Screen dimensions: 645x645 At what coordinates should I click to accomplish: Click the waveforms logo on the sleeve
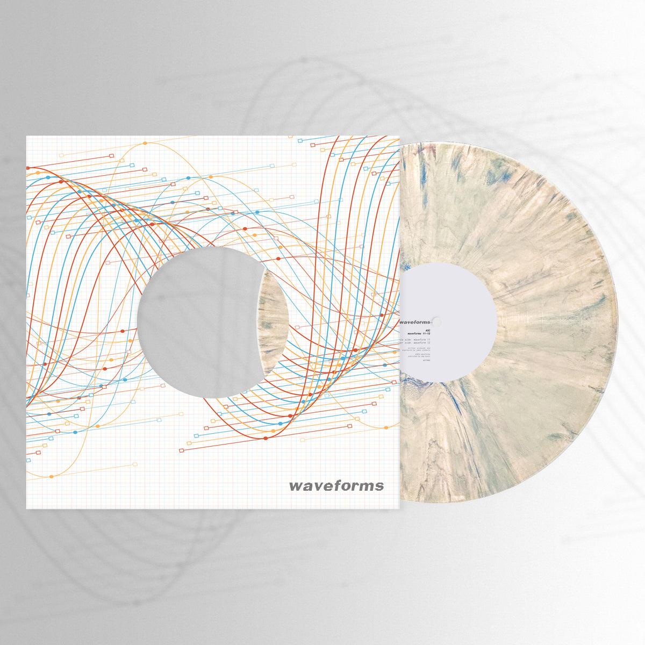(x=336, y=486)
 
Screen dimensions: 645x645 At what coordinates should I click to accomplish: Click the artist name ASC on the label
(x=428, y=328)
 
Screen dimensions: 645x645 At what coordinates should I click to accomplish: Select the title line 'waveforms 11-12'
(x=421, y=334)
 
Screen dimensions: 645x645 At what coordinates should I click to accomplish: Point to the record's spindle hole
(x=436, y=322)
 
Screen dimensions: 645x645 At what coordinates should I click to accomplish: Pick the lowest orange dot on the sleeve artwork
(x=52, y=476)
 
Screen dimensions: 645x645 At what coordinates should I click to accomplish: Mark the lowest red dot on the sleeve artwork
(x=266, y=439)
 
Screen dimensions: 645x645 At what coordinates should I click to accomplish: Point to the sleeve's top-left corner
(x=27, y=137)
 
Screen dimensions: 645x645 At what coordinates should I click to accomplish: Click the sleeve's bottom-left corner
(x=27, y=508)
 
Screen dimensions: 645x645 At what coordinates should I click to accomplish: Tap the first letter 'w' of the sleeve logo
(x=296, y=486)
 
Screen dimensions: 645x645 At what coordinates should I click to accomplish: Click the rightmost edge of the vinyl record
(x=618, y=322)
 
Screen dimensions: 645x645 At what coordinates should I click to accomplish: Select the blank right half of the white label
(x=468, y=322)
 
